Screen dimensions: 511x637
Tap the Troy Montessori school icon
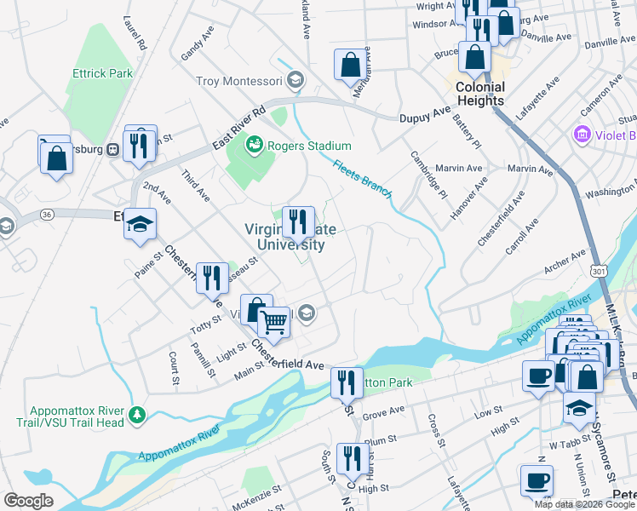tap(295, 81)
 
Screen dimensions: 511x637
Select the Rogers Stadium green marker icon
tap(254, 146)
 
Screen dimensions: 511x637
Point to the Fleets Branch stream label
tap(362, 179)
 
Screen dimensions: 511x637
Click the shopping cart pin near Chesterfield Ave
tap(273, 323)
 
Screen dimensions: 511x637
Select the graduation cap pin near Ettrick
tap(141, 225)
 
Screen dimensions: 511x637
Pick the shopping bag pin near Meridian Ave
tap(350, 64)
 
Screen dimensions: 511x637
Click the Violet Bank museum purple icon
tap(582, 135)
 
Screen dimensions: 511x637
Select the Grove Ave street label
tap(383, 411)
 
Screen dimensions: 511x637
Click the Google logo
tap(28, 501)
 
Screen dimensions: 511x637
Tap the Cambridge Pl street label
tap(428, 174)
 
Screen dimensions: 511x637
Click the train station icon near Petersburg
tap(112, 150)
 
